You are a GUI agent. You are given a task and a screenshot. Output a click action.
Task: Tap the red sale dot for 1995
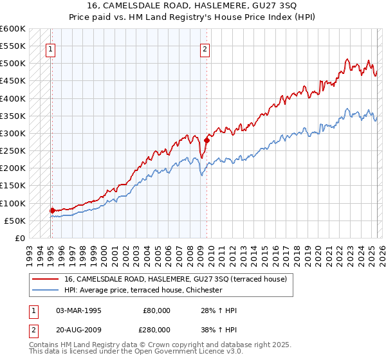[x=52, y=210]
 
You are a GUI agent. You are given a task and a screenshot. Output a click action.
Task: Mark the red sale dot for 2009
[x=207, y=140]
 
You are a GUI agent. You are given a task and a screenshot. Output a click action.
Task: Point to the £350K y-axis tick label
[x=13, y=116]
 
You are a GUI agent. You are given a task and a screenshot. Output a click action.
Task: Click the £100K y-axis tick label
[x=13, y=203]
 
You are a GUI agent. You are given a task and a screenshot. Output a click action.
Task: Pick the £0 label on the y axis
[x=19, y=238]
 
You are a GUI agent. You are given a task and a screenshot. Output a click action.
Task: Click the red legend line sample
[x=44, y=279]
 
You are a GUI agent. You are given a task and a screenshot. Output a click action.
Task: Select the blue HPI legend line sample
[x=44, y=290]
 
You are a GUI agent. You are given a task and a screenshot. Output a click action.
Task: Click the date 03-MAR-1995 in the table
[x=78, y=310]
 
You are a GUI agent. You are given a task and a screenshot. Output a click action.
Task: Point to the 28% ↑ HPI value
[x=219, y=310]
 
